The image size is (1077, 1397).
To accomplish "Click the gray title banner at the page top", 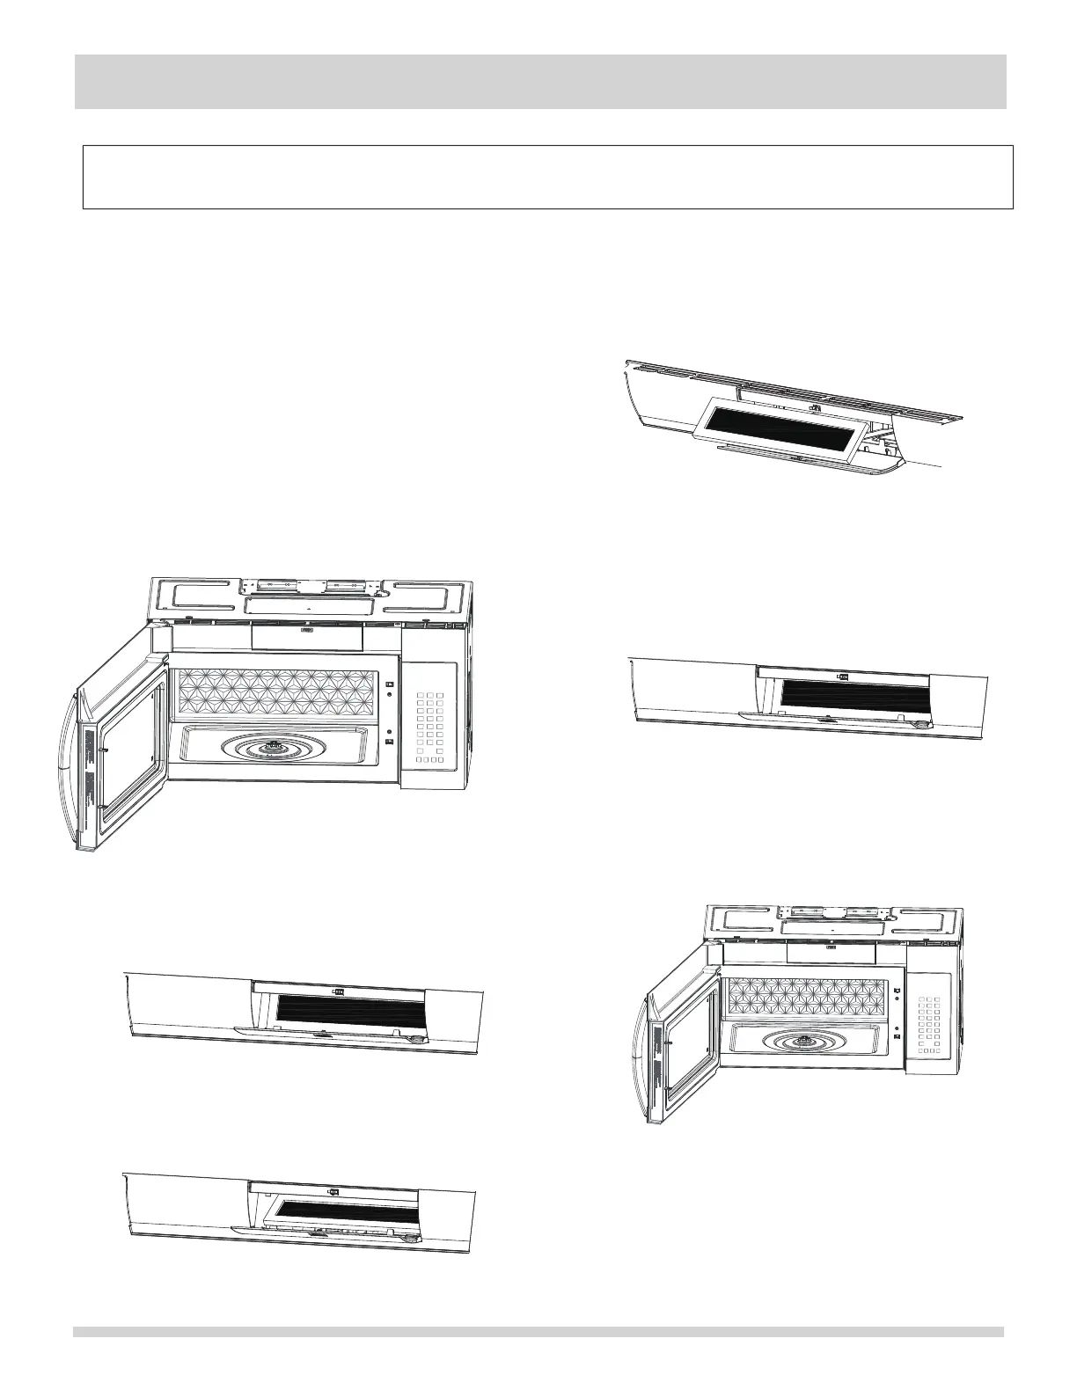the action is pos(540,81).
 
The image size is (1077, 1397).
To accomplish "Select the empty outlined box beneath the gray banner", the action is pos(547,177).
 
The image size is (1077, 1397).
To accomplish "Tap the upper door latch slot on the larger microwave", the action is pos(389,685).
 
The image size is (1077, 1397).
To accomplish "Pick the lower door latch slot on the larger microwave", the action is pos(389,742).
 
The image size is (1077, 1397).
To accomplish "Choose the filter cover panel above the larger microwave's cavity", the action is pos(307,638).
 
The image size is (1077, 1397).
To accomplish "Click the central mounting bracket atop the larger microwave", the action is pos(308,584).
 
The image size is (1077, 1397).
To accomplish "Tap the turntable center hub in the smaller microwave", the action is pos(803,1042).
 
